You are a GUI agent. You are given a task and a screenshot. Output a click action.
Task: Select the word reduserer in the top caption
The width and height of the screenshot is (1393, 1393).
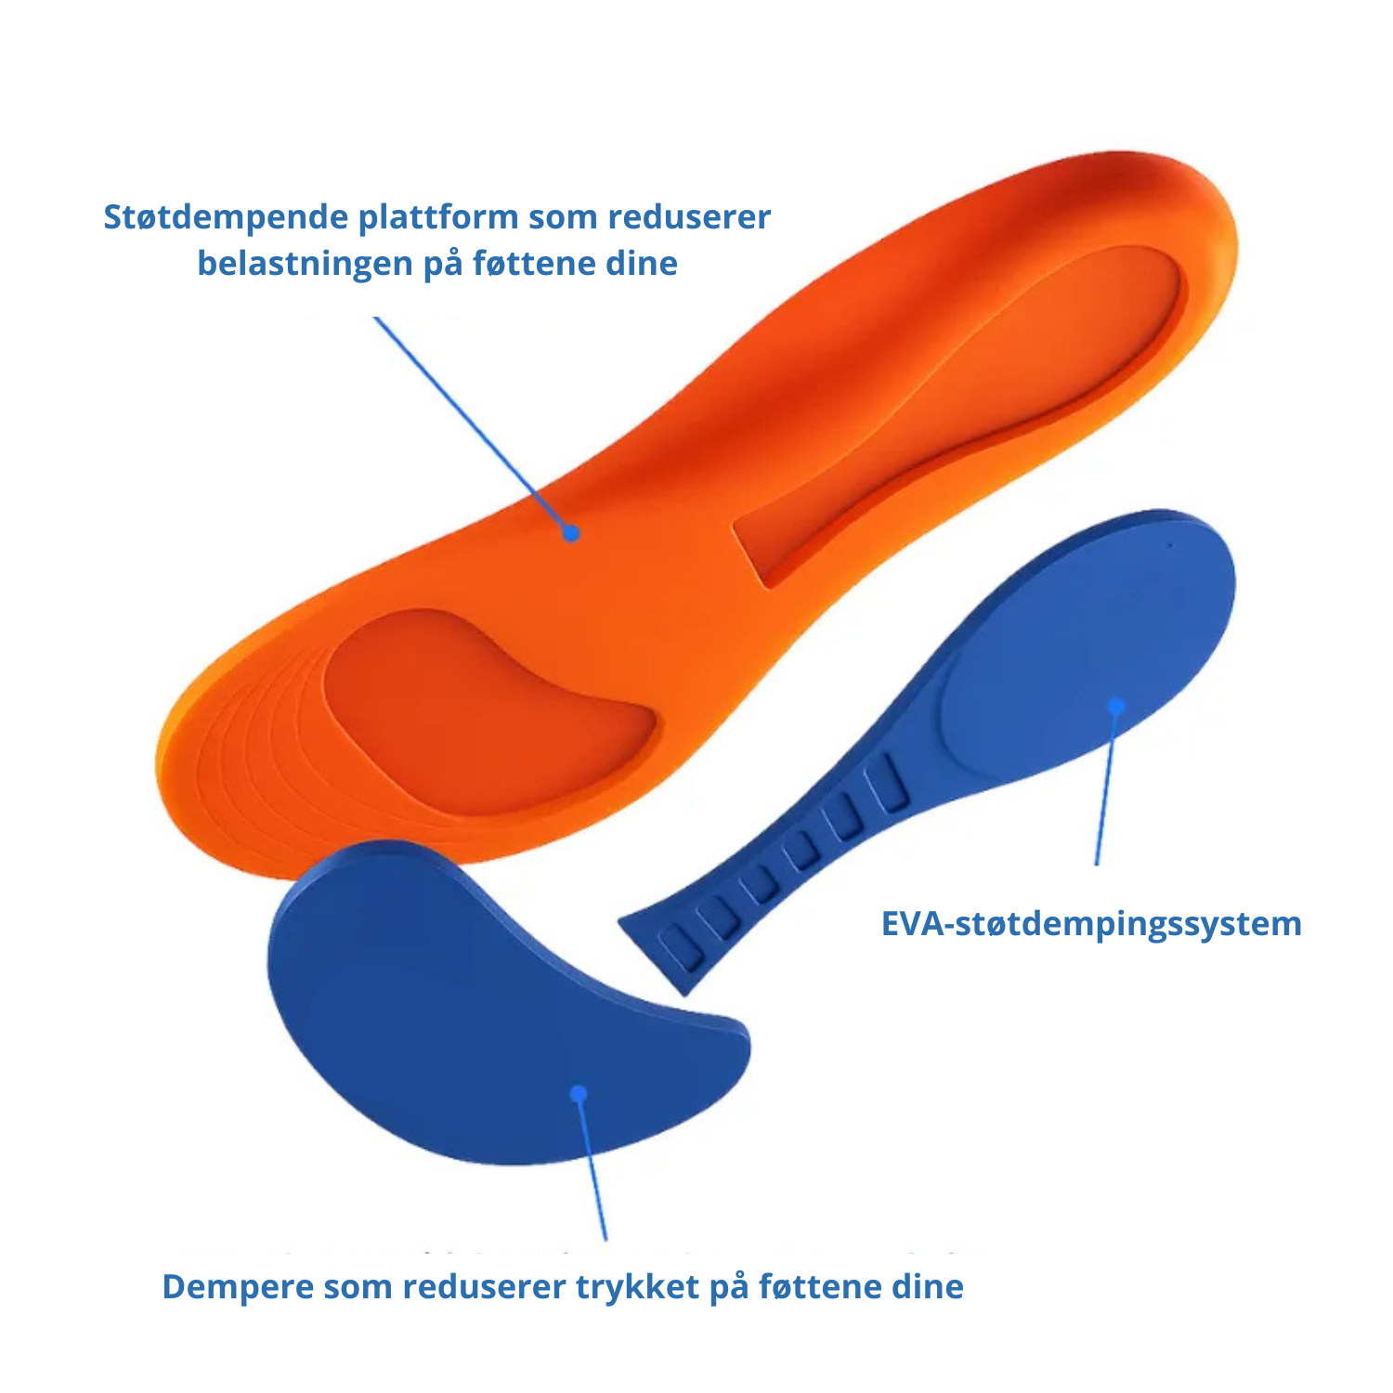click(689, 217)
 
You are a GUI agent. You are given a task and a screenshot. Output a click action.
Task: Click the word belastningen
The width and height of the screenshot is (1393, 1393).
click(306, 265)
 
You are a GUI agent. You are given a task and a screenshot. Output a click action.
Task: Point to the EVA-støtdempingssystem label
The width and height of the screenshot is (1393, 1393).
click(1091, 925)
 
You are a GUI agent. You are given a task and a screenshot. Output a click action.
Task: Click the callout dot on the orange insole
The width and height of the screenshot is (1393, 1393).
click(571, 533)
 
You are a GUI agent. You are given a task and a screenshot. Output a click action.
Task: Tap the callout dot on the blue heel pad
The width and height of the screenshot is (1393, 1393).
click(1117, 707)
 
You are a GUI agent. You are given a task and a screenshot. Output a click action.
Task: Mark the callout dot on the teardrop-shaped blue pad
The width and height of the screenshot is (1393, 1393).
click(579, 1094)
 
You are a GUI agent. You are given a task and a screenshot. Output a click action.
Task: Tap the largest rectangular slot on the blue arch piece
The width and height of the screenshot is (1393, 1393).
click(886, 785)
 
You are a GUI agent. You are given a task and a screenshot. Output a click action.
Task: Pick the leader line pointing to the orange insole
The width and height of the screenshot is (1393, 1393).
click(473, 425)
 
